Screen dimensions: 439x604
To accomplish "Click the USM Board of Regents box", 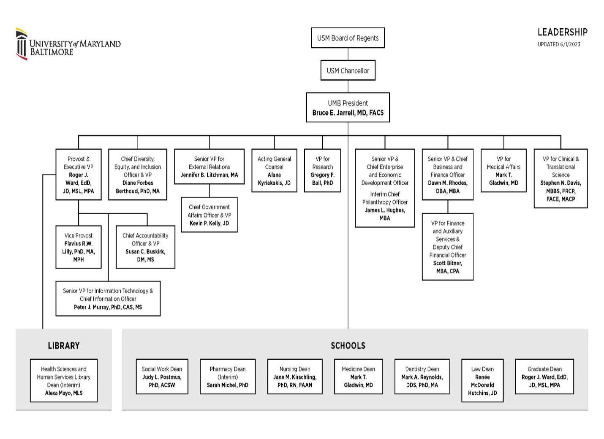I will (348, 38).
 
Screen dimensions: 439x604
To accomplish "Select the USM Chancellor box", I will (348, 70).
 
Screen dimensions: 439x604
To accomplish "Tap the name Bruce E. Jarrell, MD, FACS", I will (348, 113).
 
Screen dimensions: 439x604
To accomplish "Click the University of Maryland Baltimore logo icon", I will (22, 44).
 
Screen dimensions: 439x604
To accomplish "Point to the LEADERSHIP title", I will (562, 32).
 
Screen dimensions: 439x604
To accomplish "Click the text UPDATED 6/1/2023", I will (558, 44).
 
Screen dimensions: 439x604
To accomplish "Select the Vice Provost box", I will (79, 247).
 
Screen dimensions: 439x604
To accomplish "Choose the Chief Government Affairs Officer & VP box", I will (209, 215).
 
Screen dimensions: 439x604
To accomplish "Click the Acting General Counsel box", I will (274, 170).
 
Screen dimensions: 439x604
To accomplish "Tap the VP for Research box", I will (322, 170).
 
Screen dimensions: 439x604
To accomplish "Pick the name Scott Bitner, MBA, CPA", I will (447, 267).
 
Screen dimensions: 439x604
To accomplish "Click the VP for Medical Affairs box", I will (503, 170).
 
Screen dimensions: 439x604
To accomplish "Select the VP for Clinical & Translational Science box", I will (560, 178).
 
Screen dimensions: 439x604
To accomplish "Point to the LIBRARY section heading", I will (64, 345).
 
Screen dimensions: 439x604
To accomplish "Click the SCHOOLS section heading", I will (348, 345).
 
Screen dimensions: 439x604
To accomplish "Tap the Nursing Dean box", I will (294, 377).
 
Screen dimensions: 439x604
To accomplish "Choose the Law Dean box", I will (482, 380).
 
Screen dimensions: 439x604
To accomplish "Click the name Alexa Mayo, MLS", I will (64, 393).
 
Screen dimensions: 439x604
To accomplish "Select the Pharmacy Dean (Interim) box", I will (227, 377).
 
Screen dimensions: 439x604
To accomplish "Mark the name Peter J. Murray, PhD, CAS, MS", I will (108, 307).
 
